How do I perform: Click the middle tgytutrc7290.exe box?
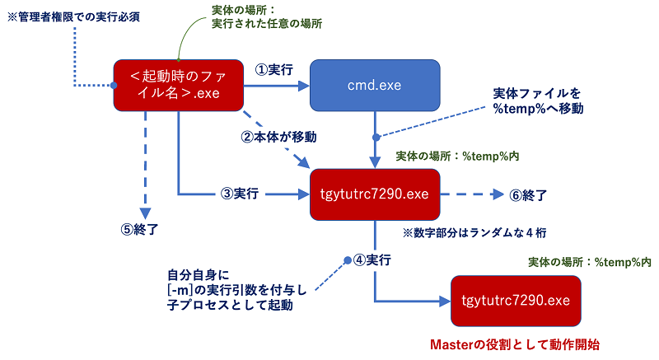click(x=375, y=194)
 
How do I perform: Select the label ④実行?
click(x=372, y=260)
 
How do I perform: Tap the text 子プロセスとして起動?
click(x=227, y=306)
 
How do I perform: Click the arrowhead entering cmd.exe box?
click(x=303, y=85)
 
